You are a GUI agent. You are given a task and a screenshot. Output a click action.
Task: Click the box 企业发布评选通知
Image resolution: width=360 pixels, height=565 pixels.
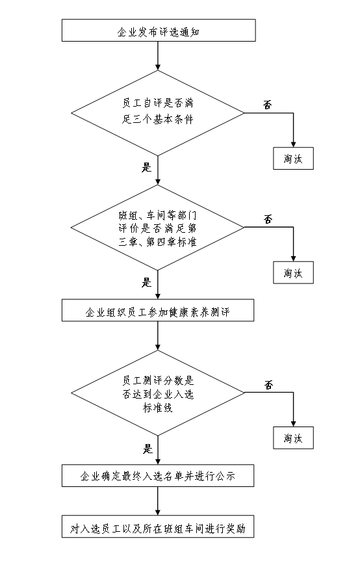coord(159,31)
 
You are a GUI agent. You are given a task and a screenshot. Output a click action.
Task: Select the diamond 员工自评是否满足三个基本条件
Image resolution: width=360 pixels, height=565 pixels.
coord(158,112)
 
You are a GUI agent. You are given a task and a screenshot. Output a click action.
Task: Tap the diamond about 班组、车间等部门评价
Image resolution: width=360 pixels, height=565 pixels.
coord(158,228)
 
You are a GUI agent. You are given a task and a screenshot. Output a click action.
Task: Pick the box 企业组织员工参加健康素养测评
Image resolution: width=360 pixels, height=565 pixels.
coord(158,310)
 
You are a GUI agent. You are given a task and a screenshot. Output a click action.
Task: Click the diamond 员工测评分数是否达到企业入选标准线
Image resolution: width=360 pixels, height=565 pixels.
coord(158,393)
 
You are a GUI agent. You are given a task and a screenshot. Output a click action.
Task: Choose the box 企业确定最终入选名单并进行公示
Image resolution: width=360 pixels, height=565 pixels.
coord(158,476)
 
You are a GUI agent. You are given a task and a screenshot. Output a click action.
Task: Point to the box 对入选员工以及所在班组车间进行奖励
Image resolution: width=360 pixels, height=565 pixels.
coord(158,527)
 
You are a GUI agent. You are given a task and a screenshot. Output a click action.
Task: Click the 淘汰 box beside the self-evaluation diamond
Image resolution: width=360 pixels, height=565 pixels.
coord(294,158)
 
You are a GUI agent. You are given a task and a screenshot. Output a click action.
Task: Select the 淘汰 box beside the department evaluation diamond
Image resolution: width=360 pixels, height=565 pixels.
coord(294,272)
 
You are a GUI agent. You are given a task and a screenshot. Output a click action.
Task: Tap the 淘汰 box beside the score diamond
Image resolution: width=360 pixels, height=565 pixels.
coord(294,438)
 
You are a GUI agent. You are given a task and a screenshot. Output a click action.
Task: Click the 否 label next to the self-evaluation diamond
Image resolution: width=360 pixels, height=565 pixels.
coord(268,105)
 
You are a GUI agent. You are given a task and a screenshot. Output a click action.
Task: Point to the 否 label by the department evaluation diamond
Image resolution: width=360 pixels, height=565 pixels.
coord(268,219)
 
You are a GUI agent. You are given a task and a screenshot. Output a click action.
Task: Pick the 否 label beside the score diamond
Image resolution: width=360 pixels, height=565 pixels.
coord(269,385)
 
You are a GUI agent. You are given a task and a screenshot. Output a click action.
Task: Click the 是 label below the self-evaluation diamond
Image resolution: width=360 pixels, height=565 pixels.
coord(146,167)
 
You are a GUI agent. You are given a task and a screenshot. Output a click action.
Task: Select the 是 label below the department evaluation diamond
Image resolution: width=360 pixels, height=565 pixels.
coord(146,282)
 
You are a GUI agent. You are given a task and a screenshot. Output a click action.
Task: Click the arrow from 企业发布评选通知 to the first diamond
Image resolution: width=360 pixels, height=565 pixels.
coord(158,55)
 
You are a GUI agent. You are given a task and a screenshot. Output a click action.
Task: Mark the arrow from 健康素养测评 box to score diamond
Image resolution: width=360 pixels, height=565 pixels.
coord(158,335)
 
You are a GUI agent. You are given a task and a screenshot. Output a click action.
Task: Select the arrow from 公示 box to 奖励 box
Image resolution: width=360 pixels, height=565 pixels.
coord(158,501)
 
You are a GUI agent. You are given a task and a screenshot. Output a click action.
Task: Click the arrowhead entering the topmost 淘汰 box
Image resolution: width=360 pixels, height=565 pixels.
coord(294,144)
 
